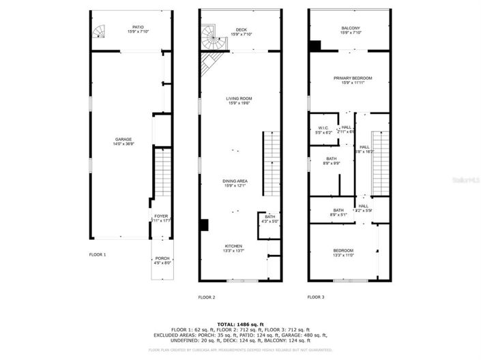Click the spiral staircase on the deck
point(212,36)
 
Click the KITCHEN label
point(234,247)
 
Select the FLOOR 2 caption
point(206,297)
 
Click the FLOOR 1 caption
point(98,254)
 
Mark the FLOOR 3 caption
point(315,297)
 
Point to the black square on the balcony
point(315,46)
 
